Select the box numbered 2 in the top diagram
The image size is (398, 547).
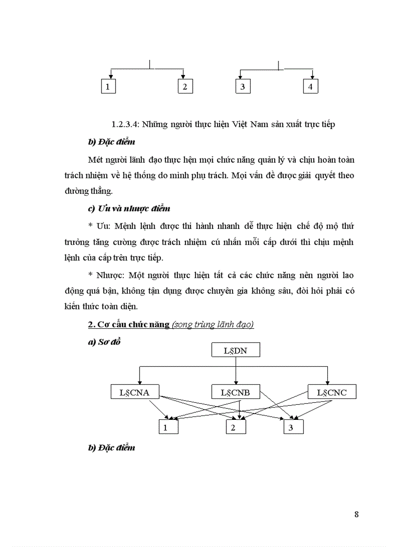(184, 87)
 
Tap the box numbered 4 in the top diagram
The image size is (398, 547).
(310, 87)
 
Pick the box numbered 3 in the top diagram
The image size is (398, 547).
(242, 87)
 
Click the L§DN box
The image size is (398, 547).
(236, 350)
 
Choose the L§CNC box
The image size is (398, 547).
(332, 392)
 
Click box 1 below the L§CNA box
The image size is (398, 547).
(168, 427)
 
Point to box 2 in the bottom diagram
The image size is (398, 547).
(236, 427)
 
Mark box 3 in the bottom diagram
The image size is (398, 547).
(294, 427)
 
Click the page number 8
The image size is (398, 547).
(356, 514)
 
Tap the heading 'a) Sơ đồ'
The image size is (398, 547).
(104, 342)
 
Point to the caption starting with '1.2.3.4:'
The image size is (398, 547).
(223, 125)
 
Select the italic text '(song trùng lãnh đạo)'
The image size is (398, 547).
(213, 324)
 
